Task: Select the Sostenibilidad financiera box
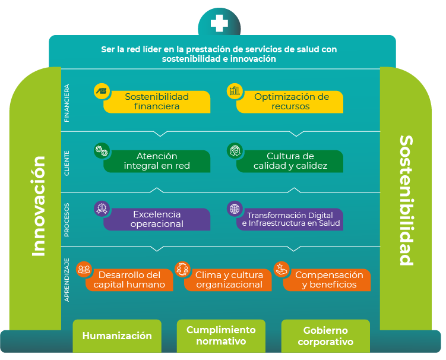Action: [x=157, y=102]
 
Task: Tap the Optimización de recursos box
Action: [x=291, y=102]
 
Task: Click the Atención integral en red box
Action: [x=157, y=161]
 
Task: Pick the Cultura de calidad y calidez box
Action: [x=290, y=161]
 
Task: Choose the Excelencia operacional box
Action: [x=157, y=219]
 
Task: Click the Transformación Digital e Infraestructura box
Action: [x=290, y=219]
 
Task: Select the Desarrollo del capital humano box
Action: [x=129, y=280]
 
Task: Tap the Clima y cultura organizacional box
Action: [x=229, y=280]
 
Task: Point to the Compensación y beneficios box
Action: [x=328, y=280]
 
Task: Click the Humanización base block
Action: [x=117, y=336]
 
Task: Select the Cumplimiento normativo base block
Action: [x=221, y=336]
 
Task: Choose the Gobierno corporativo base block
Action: [x=325, y=336]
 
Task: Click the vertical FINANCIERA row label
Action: [x=67, y=103]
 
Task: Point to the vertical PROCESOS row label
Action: [x=67, y=220]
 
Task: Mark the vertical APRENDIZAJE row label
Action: [x=67, y=280]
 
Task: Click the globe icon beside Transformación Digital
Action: [x=235, y=209]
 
